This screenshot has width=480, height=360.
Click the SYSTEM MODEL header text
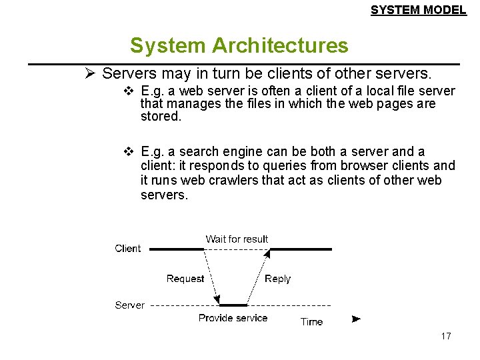(x=418, y=10)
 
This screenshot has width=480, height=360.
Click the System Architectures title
(x=239, y=45)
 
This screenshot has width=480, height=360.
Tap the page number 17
(x=446, y=336)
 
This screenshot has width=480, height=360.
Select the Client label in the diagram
(x=127, y=248)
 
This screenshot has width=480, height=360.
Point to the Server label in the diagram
(x=129, y=305)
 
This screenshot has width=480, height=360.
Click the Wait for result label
(x=237, y=239)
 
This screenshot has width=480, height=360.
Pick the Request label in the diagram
(x=185, y=279)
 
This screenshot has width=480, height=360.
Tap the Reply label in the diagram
(x=277, y=279)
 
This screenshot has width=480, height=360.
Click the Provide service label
(x=233, y=318)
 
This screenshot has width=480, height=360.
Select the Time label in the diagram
(x=311, y=321)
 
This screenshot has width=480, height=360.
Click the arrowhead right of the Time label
(x=356, y=319)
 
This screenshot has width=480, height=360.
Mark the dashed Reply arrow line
(x=259, y=277)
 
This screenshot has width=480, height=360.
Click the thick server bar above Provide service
(x=233, y=305)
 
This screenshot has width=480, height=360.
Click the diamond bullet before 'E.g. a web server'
(x=129, y=91)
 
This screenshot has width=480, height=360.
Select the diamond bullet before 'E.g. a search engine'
(x=129, y=152)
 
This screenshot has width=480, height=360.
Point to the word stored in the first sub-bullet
(x=160, y=117)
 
